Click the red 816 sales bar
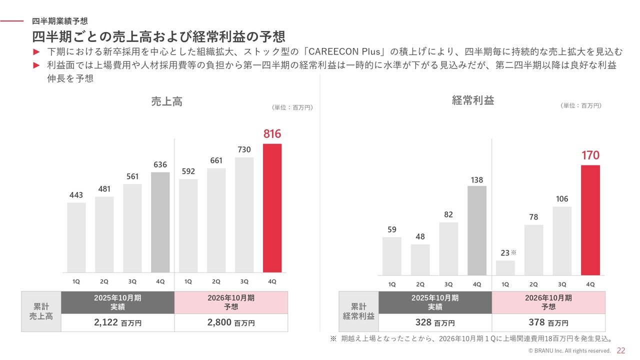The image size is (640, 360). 272,208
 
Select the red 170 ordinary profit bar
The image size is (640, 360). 590,220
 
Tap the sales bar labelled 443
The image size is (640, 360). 76,237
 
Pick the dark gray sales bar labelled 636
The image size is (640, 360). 160,222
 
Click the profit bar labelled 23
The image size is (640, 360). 505,267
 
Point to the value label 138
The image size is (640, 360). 477,180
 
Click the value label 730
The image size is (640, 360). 244,149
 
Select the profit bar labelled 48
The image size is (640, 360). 420,259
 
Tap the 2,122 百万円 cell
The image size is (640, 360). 117,322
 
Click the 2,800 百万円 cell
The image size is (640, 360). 231,322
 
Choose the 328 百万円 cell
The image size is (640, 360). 435,322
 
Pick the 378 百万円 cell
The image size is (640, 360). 548,322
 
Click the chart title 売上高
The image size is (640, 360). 166,101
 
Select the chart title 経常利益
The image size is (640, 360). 472,100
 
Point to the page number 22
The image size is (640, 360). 621,350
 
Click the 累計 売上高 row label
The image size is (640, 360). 41,311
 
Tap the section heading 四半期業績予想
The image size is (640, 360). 59,21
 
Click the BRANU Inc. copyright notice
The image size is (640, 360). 569,351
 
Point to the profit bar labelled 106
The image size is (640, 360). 562,240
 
